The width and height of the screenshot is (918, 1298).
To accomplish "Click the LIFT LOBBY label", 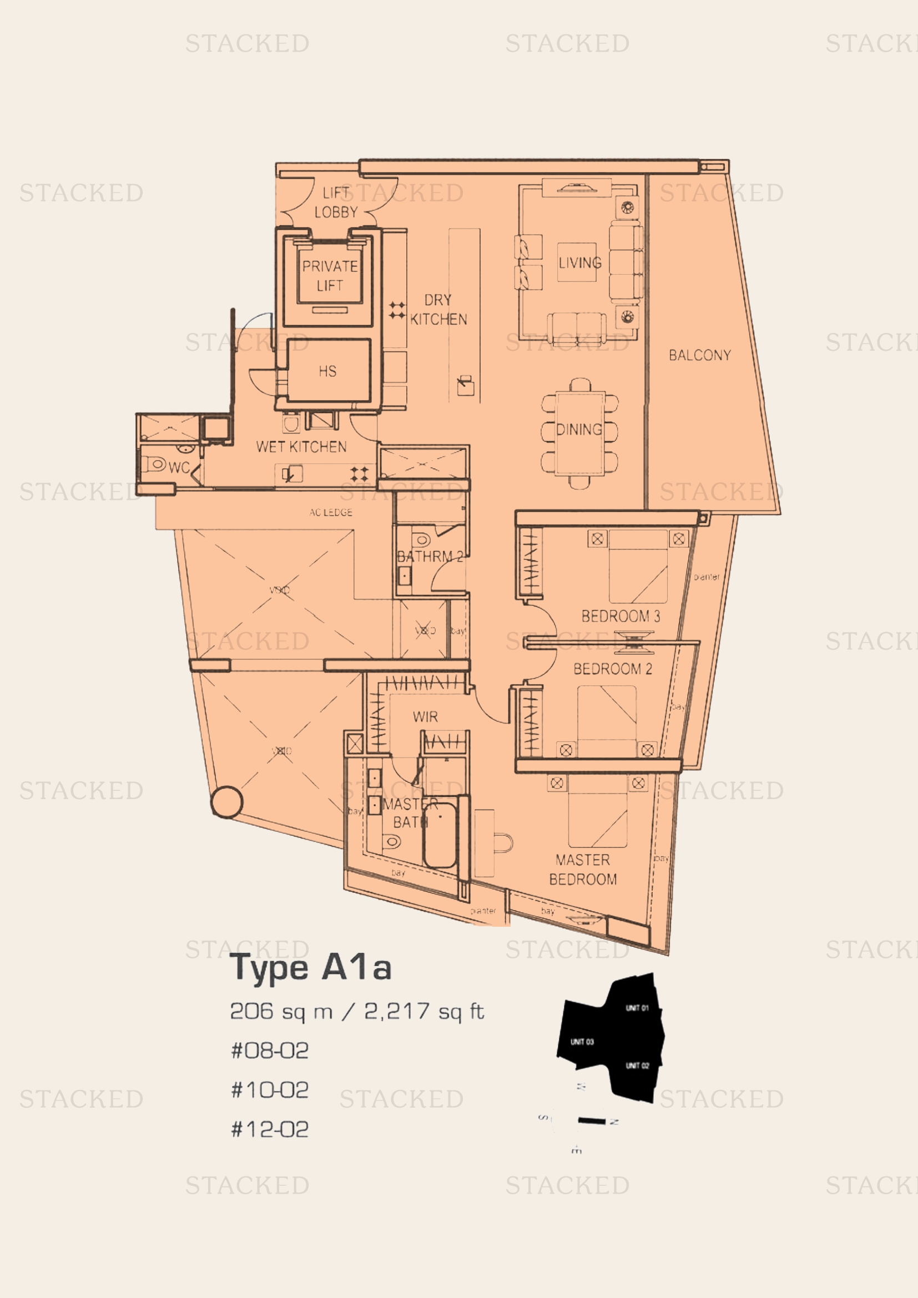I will coord(336,203).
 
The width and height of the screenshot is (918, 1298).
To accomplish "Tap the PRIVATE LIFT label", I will coord(330,275).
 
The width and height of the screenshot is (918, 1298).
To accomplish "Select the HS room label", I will coord(327,371).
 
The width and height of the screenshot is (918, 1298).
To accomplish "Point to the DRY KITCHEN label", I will coord(438,310).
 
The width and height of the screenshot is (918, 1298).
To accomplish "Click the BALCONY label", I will coord(699,355).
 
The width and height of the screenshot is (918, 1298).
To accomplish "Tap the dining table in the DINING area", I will coord(579,432).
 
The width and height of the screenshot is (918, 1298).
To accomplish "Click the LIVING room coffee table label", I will coord(579,262).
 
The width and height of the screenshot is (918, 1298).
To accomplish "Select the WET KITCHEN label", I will coord(301,447).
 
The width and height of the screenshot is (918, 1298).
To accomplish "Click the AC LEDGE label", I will coord(331,512).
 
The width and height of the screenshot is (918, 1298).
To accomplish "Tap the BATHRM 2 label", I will coord(430,556).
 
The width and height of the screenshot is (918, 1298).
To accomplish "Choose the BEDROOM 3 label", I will coord(620,616).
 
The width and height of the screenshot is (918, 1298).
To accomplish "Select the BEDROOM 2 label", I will coord(612,669).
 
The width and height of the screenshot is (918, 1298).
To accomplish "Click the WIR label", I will coord(425,717).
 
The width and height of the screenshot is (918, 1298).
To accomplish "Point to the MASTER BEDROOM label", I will coord(583,870).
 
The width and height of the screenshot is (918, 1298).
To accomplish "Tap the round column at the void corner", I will coord(226,802).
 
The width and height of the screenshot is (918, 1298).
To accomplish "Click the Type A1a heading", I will coord(310,967).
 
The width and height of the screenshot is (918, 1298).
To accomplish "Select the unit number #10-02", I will coord(270,1089).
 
